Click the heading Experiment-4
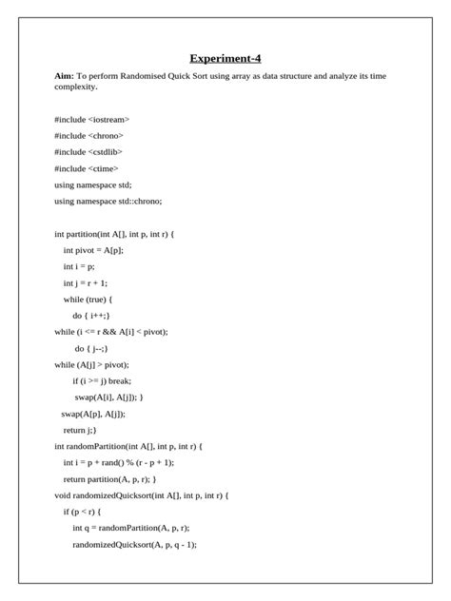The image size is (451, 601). (225, 58)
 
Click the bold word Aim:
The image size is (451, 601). (64, 75)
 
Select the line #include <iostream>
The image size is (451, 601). (92, 120)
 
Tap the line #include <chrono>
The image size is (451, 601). (89, 136)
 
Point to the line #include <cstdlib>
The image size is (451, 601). (88, 152)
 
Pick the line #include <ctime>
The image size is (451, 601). (87, 168)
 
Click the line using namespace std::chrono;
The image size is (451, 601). (108, 201)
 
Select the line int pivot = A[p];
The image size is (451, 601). (93, 250)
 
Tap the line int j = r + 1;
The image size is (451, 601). (86, 282)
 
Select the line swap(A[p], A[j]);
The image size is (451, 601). (93, 414)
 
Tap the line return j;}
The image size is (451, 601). (80, 430)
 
